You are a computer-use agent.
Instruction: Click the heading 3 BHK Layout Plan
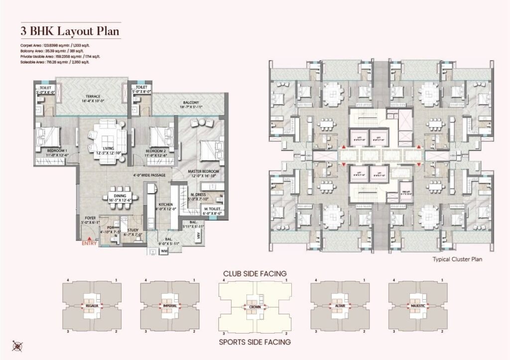(x=70, y=31)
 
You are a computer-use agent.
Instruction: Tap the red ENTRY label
(x=89, y=243)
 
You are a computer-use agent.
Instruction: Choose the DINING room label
(x=120, y=196)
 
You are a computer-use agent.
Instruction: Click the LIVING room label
(x=106, y=148)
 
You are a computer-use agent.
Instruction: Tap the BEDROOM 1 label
(x=57, y=150)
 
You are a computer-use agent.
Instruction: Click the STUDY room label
(x=132, y=230)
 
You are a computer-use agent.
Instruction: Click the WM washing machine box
(x=164, y=252)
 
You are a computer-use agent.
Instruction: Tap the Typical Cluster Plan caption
(x=457, y=259)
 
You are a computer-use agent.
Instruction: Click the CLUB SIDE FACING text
(x=255, y=273)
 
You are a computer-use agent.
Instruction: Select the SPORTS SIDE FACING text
(x=255, y=342)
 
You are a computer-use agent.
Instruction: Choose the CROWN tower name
(x=255, y=308)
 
